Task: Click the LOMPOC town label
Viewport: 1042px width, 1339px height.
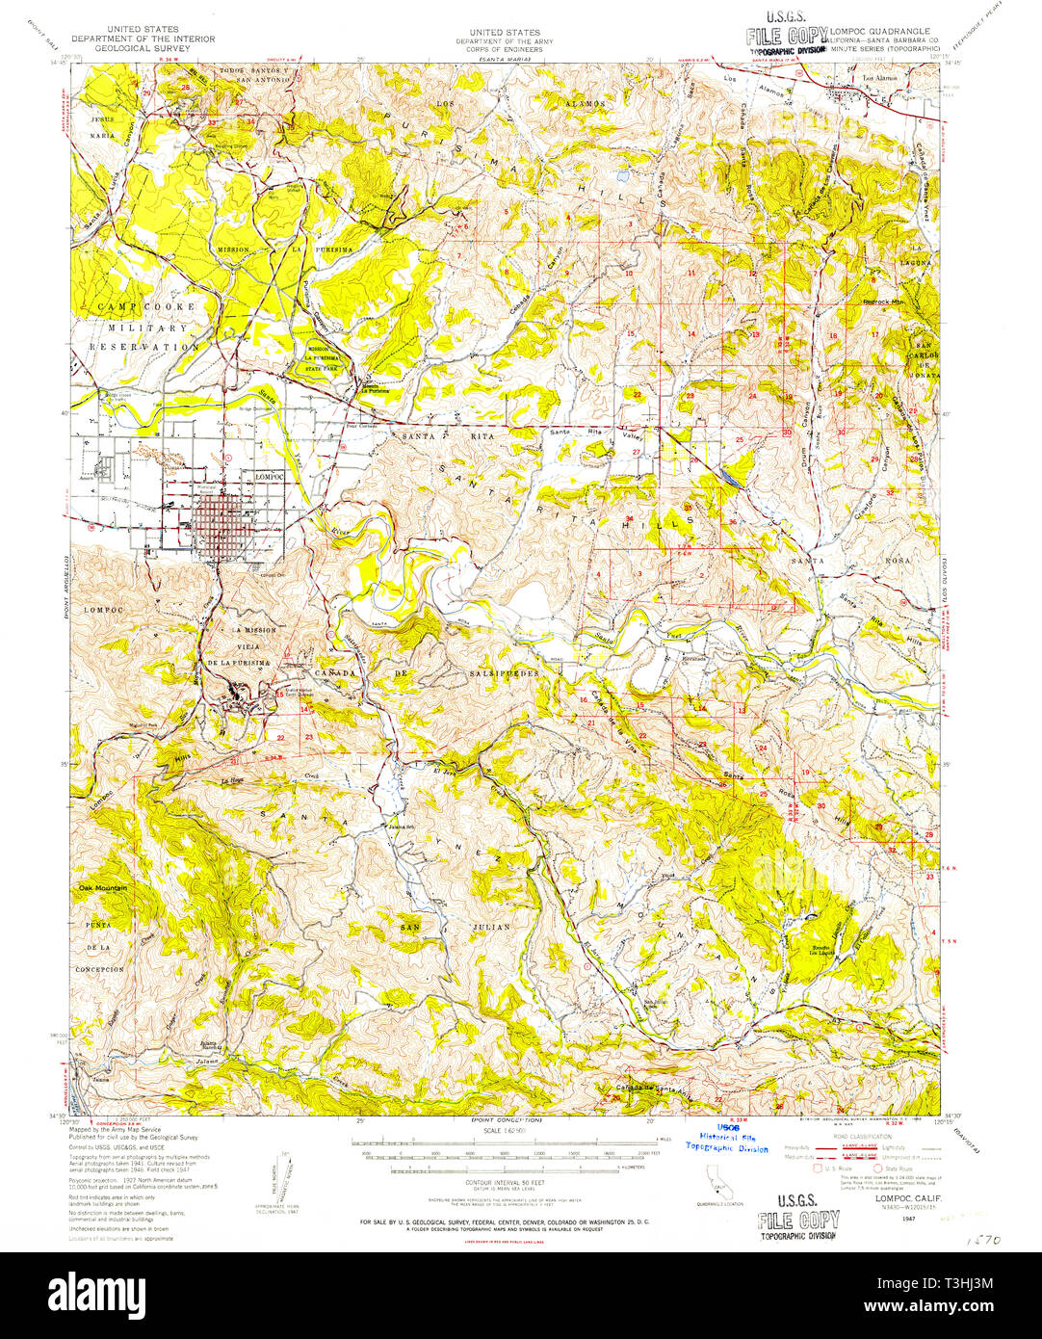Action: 272,476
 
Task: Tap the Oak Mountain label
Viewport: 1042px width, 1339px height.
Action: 103,887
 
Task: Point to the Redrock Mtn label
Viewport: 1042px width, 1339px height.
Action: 882,302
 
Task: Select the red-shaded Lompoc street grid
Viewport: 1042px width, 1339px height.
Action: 221,525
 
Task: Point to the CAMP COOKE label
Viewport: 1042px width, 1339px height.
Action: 144,306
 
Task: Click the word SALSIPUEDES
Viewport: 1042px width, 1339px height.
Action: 505,673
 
